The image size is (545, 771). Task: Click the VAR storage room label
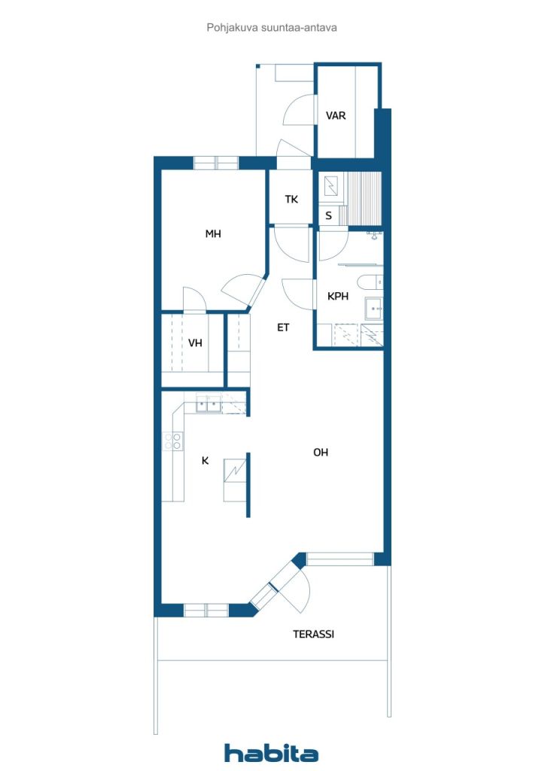336,115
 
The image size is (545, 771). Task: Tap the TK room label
291,199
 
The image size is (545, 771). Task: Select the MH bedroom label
213,233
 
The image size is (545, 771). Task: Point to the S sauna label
328,215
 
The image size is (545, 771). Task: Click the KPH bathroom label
338,296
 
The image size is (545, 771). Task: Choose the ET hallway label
283,327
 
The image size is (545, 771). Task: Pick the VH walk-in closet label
195,343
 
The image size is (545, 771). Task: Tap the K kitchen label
205,460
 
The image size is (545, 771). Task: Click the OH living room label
321,453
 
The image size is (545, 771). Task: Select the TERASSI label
314,634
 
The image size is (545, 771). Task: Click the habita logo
271,753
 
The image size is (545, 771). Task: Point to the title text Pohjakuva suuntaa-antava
272,28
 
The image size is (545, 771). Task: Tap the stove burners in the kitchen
172,441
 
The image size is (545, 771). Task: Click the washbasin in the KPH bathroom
373,309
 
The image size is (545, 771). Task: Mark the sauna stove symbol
331,186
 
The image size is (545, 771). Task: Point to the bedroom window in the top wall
216,163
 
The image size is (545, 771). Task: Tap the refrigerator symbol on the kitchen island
234,471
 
